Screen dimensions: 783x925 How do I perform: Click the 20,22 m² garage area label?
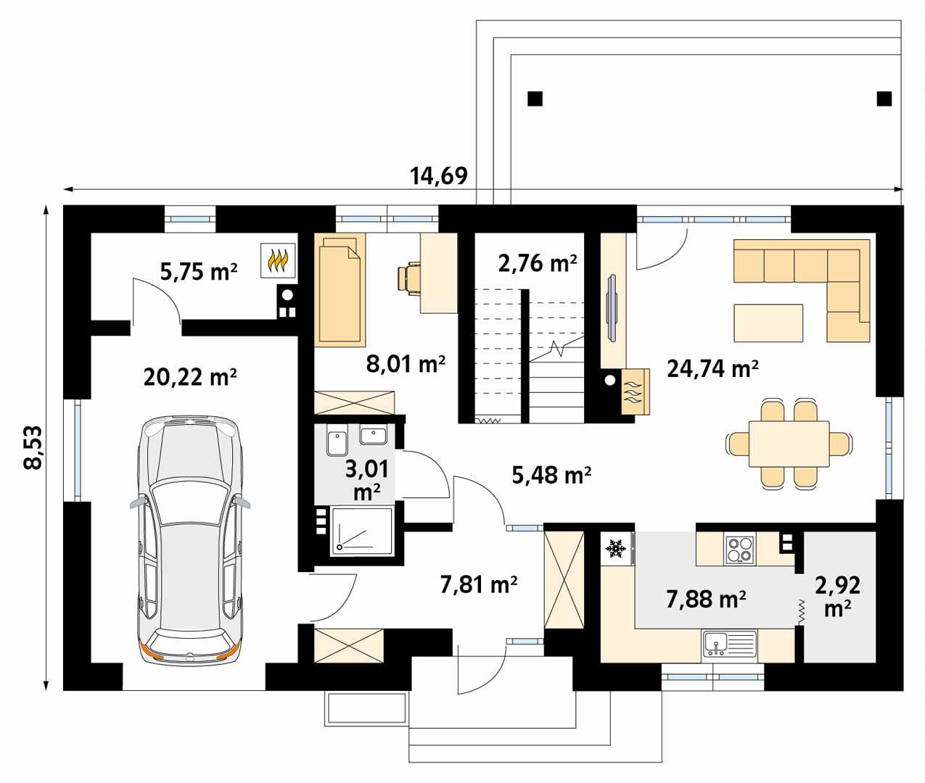tap(190, 378)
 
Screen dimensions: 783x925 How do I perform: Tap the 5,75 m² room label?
tap(198, 271)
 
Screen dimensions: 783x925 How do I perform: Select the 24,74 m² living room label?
tap(712, 369)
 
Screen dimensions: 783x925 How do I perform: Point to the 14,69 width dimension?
tap(438, 175)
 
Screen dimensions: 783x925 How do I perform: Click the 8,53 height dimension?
tap(33, 448)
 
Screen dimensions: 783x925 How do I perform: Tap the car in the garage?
tap(190, 539)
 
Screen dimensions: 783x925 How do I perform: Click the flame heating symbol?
tap(279, 260)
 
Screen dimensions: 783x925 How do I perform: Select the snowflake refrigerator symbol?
tap(616, 549)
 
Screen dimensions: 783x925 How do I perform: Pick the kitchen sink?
tap(728, 644)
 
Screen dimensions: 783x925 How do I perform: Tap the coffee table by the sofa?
tap(768, 323)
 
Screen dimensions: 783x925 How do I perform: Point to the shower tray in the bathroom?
tap(361, 532)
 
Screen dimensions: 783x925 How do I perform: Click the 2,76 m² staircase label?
tap(538, 262)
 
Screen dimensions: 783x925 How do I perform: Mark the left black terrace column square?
tap(535, 98)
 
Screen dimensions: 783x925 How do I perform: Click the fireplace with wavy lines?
tap(633, 391)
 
